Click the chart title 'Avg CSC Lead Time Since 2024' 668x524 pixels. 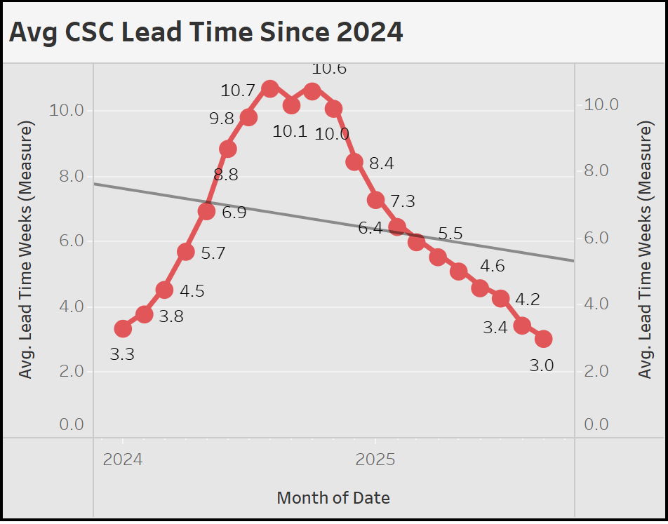206,32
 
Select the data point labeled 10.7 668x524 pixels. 270,88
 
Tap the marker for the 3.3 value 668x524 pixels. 123,328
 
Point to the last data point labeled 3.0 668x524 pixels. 543,339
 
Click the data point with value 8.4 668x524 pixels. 354,162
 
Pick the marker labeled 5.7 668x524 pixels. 186,252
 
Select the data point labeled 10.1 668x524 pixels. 292,105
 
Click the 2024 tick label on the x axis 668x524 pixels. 123,460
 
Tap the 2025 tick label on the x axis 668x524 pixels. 375,460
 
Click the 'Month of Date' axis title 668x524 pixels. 333,498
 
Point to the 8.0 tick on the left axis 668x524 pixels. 67,175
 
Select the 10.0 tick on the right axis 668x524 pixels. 601,105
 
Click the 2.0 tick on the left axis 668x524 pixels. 67,370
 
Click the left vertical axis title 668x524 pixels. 26,250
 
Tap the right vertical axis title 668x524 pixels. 645,250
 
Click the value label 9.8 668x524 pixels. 222,119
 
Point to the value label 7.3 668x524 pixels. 403,202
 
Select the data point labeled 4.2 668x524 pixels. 501,298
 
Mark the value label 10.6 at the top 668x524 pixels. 329,69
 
